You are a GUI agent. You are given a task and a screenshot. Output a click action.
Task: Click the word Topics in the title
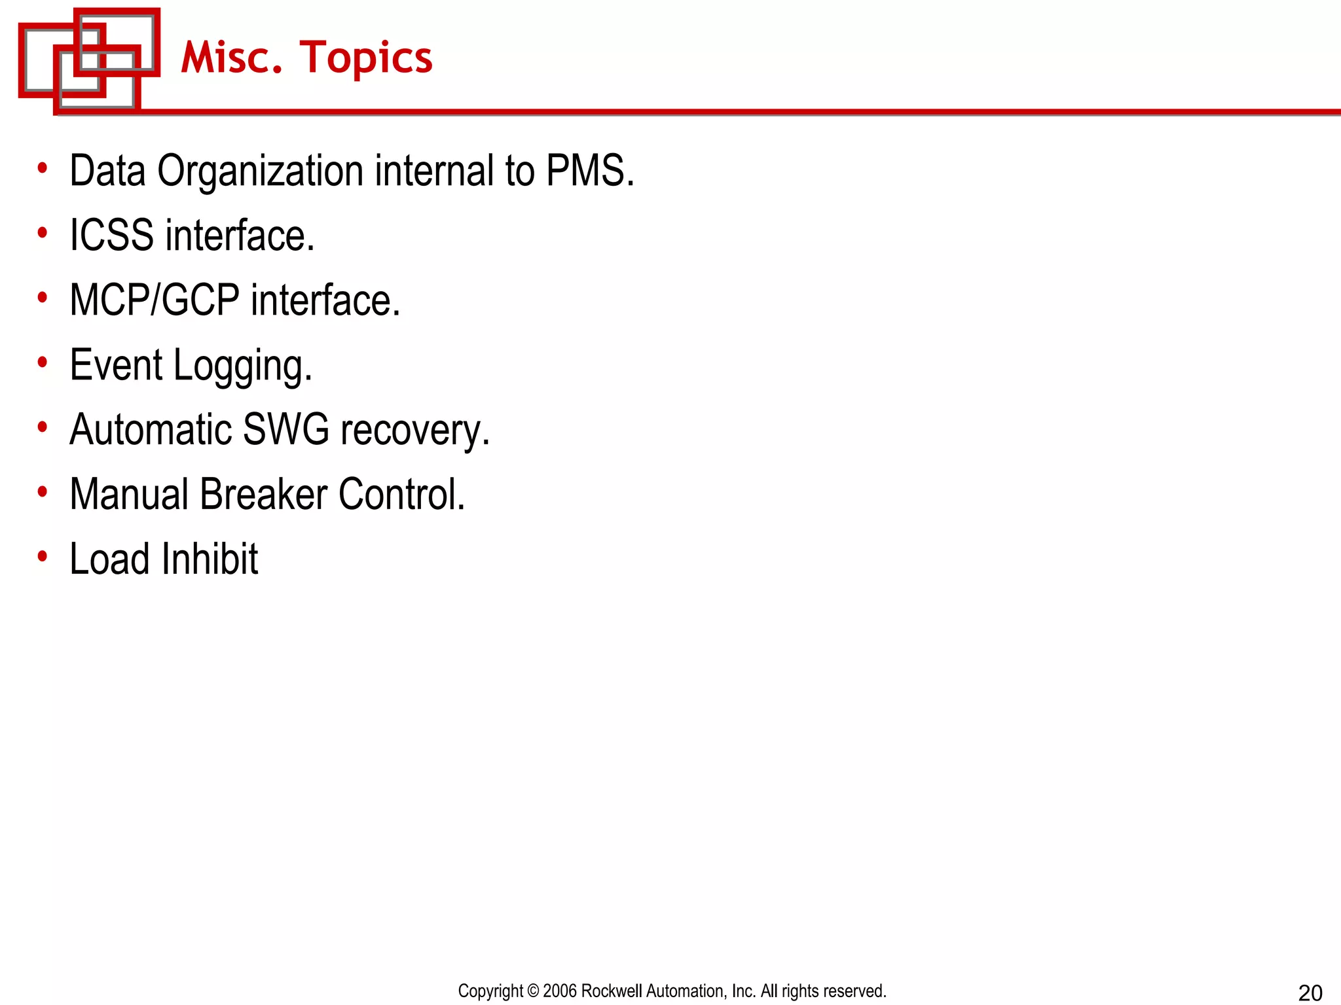point(366,59)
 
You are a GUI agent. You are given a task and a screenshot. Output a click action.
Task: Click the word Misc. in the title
point(231,58)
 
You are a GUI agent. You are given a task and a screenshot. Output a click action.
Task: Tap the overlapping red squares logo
point(89,60)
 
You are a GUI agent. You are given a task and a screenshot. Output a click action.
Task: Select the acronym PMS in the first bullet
point(589,171)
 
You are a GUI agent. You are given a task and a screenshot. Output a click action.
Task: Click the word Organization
point(260,172)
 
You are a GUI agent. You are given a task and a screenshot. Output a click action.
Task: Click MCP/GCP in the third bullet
point(155,300)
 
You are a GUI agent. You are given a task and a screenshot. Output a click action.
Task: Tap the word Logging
point(242,366)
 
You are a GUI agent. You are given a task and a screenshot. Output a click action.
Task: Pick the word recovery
point(414,431)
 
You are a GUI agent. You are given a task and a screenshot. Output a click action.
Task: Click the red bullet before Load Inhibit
point(43,557)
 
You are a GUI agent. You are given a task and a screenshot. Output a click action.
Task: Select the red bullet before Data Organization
point(43,168)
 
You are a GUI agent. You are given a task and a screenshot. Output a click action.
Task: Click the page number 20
point(1310,993)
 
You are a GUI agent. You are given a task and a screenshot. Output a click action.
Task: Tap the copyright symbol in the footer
point(533,991)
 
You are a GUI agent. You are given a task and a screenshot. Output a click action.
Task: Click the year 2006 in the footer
point(560,991)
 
